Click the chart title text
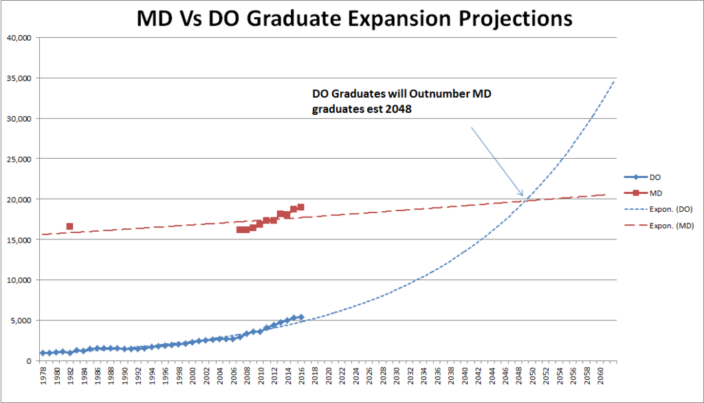354,18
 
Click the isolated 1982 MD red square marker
69,226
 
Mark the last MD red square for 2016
300,207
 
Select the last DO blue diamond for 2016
300,317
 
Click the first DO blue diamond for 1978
43,353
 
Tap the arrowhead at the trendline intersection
522,195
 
